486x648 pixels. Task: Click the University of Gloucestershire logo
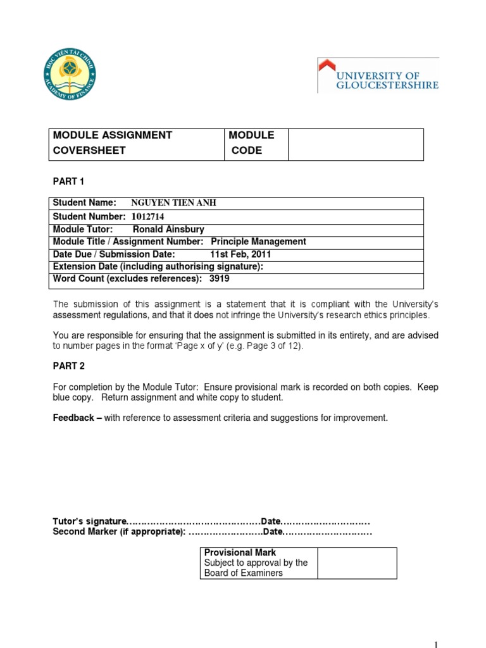pos(378,75)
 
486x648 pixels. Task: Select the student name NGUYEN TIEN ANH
pos(173,203)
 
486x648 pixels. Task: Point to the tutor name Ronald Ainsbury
pos(168,230)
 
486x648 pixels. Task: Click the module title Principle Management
pos(258,242)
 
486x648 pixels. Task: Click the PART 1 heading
pos(68,182)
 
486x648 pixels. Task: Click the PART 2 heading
pos(68,366)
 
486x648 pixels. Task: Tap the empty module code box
pos(356,144)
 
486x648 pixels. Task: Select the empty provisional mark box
pos(357,563)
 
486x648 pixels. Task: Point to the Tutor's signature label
pos(90,521)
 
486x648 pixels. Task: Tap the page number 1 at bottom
pos(435,644)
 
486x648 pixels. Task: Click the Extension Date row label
pos(158,266)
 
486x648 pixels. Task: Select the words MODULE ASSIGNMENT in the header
pos(113,135)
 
